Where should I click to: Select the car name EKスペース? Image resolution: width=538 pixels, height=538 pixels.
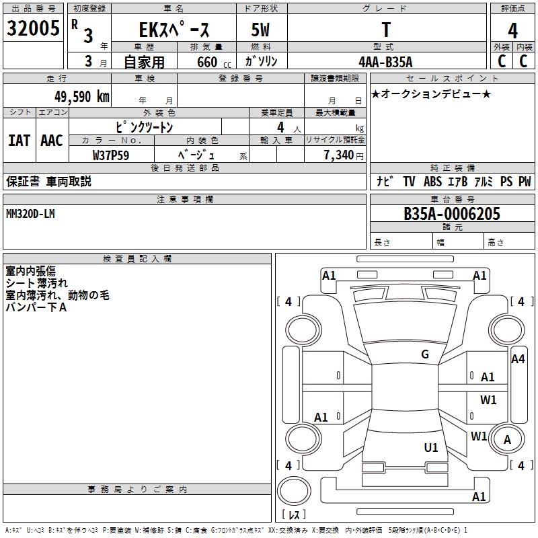174,30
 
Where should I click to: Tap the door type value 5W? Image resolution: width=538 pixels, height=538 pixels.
262,30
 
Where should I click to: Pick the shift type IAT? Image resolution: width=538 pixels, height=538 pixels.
19,141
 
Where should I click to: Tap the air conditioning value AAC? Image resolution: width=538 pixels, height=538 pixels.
51,141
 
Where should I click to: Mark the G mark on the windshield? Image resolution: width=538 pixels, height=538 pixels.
424,354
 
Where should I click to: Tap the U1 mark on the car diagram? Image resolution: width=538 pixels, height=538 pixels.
431,447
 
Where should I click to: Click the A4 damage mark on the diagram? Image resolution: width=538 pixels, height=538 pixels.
517,359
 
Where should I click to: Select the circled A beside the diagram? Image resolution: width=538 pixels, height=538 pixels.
508,439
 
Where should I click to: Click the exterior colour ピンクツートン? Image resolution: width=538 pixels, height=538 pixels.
144,126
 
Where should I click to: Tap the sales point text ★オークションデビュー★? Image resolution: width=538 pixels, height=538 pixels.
430,94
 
